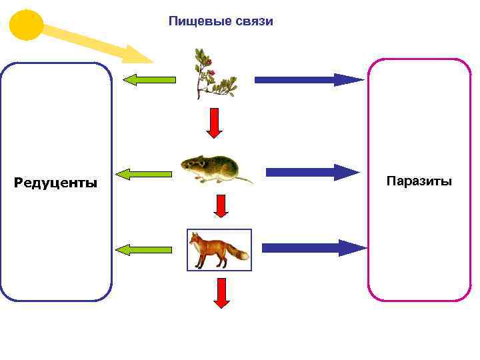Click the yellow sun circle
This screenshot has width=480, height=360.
27,25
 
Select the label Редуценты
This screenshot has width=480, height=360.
55,183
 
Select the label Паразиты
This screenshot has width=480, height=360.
419,181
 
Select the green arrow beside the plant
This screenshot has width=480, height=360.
149,80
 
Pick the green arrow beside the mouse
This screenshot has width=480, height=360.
143,175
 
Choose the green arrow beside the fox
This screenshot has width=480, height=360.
143,250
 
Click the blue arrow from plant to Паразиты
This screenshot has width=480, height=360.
309,80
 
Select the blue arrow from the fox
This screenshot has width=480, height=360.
313,248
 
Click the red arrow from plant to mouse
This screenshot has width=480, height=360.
214,123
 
